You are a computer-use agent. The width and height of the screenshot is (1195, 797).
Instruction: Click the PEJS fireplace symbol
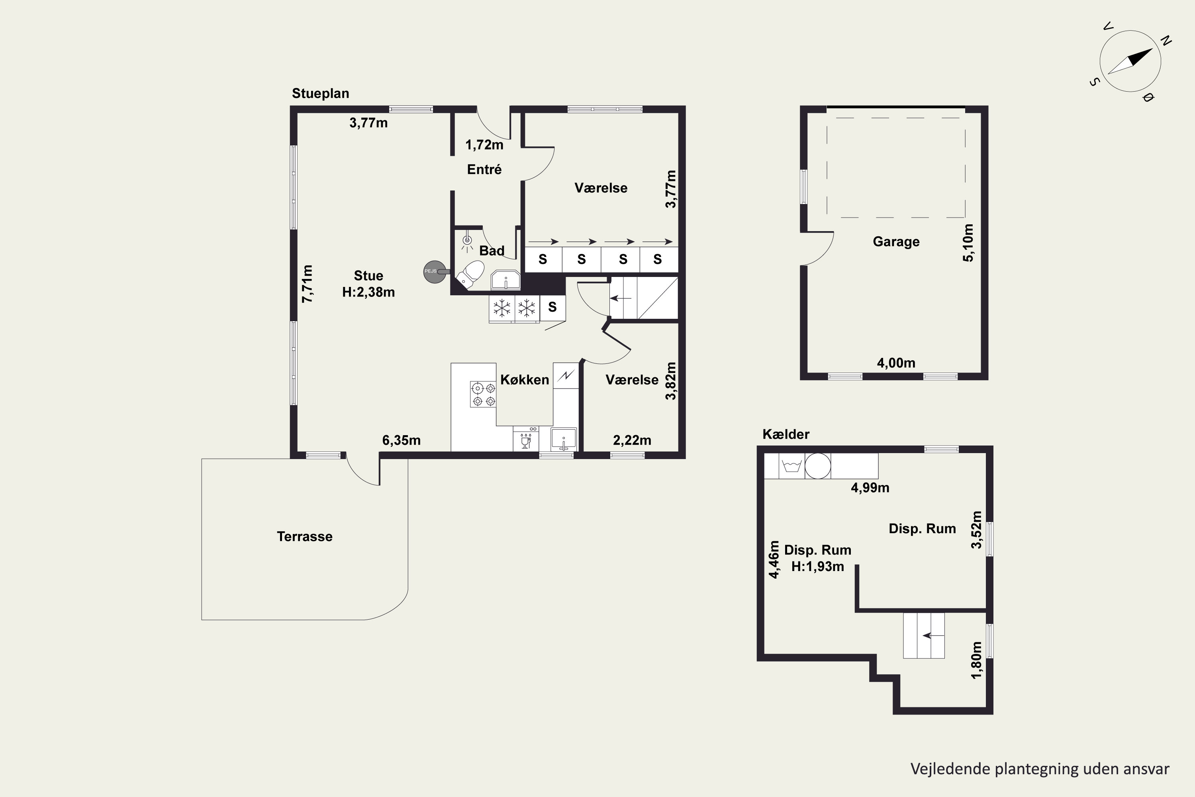[x=435, y=271]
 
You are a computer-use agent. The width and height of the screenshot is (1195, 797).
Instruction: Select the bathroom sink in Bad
[x=505, y=280]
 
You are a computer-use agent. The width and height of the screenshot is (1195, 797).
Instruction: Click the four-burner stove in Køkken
[x=483, y=395]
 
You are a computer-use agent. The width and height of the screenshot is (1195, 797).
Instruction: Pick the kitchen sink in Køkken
[x=564, y=439]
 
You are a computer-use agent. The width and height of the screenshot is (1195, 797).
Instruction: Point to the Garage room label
[x=896, y=241]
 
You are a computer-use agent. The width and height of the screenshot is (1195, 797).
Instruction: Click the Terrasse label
[x=304, y=536]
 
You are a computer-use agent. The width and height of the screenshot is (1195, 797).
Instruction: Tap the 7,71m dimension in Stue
[x=308, y=284]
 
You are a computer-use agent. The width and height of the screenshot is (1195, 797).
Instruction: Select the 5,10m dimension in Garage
[x=968, y=243]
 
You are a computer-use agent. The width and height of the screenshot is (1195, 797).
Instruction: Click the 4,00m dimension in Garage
[x=896, y=363]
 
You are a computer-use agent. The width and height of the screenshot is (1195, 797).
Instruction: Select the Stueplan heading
[x=320, y=94]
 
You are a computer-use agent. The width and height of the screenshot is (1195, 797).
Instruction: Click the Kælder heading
[x=786, y=434]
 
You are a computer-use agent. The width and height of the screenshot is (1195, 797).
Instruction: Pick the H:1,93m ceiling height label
[x=817, y=566]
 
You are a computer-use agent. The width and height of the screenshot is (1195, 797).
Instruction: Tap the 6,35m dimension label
[x=402, y=440]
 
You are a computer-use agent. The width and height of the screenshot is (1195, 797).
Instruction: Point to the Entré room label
[x=484, y=169]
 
